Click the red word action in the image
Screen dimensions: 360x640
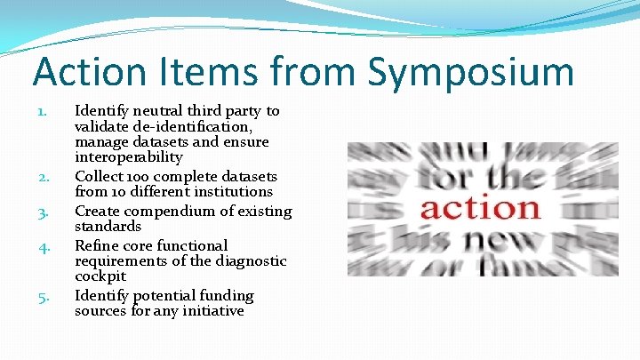coord(480,208)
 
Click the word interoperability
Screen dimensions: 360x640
coord(129,157)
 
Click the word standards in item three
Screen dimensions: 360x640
coord(108,227)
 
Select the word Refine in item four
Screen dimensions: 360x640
coord(96,245)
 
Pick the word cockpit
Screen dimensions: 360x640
coord(100,276)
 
